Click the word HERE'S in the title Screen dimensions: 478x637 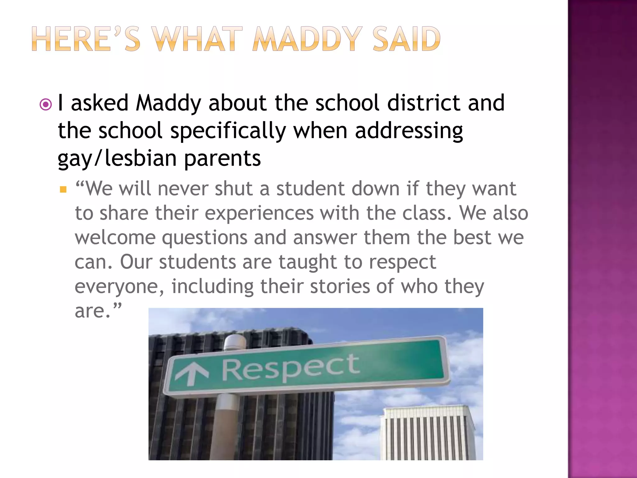point(86,39)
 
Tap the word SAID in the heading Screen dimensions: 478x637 point(406,39)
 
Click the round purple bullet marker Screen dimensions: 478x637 point(46,105)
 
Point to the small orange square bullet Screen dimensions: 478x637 point(63,190)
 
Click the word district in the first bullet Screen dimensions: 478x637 point(424,103)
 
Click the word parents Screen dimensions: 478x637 point(222,158)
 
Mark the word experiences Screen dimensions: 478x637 point(259,213)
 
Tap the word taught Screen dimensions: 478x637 point(308,262)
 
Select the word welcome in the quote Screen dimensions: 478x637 point(115,238)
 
